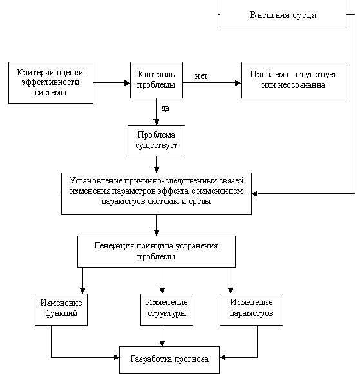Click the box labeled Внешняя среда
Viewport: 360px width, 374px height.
(x=283, y=15)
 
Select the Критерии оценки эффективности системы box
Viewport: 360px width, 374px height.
(x=51, y=82)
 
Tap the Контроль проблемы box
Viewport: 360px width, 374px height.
(x=156, y=80)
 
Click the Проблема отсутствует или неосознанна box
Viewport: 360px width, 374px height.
(x=294, y=80)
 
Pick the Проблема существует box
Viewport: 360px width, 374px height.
(x=156, y=140)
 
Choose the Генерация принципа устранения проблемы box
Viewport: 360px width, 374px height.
(x=156, y=252)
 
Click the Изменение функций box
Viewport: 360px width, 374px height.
(x=61, y=310)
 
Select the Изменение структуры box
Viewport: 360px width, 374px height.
(x=167, y=310)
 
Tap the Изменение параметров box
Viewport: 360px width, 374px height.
(x=251, y=310)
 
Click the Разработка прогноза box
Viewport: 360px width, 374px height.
(x=169, y=360)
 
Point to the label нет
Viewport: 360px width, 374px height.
(x=201, y=76)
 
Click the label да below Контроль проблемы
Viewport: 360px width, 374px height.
(x=166, y=108)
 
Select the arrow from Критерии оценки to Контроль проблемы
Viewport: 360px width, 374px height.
(x=111, y=83)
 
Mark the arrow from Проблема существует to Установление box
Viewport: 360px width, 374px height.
(x=156, y=164)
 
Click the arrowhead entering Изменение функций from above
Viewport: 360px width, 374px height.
(x=82, y=290)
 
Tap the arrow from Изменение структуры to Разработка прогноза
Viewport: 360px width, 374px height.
(x=162, y=336)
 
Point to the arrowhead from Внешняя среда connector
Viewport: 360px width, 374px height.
(x=254, y=194)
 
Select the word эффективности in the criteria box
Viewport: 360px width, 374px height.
(x=51, y=82)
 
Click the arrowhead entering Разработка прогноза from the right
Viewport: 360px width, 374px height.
(x=223, y=357)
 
